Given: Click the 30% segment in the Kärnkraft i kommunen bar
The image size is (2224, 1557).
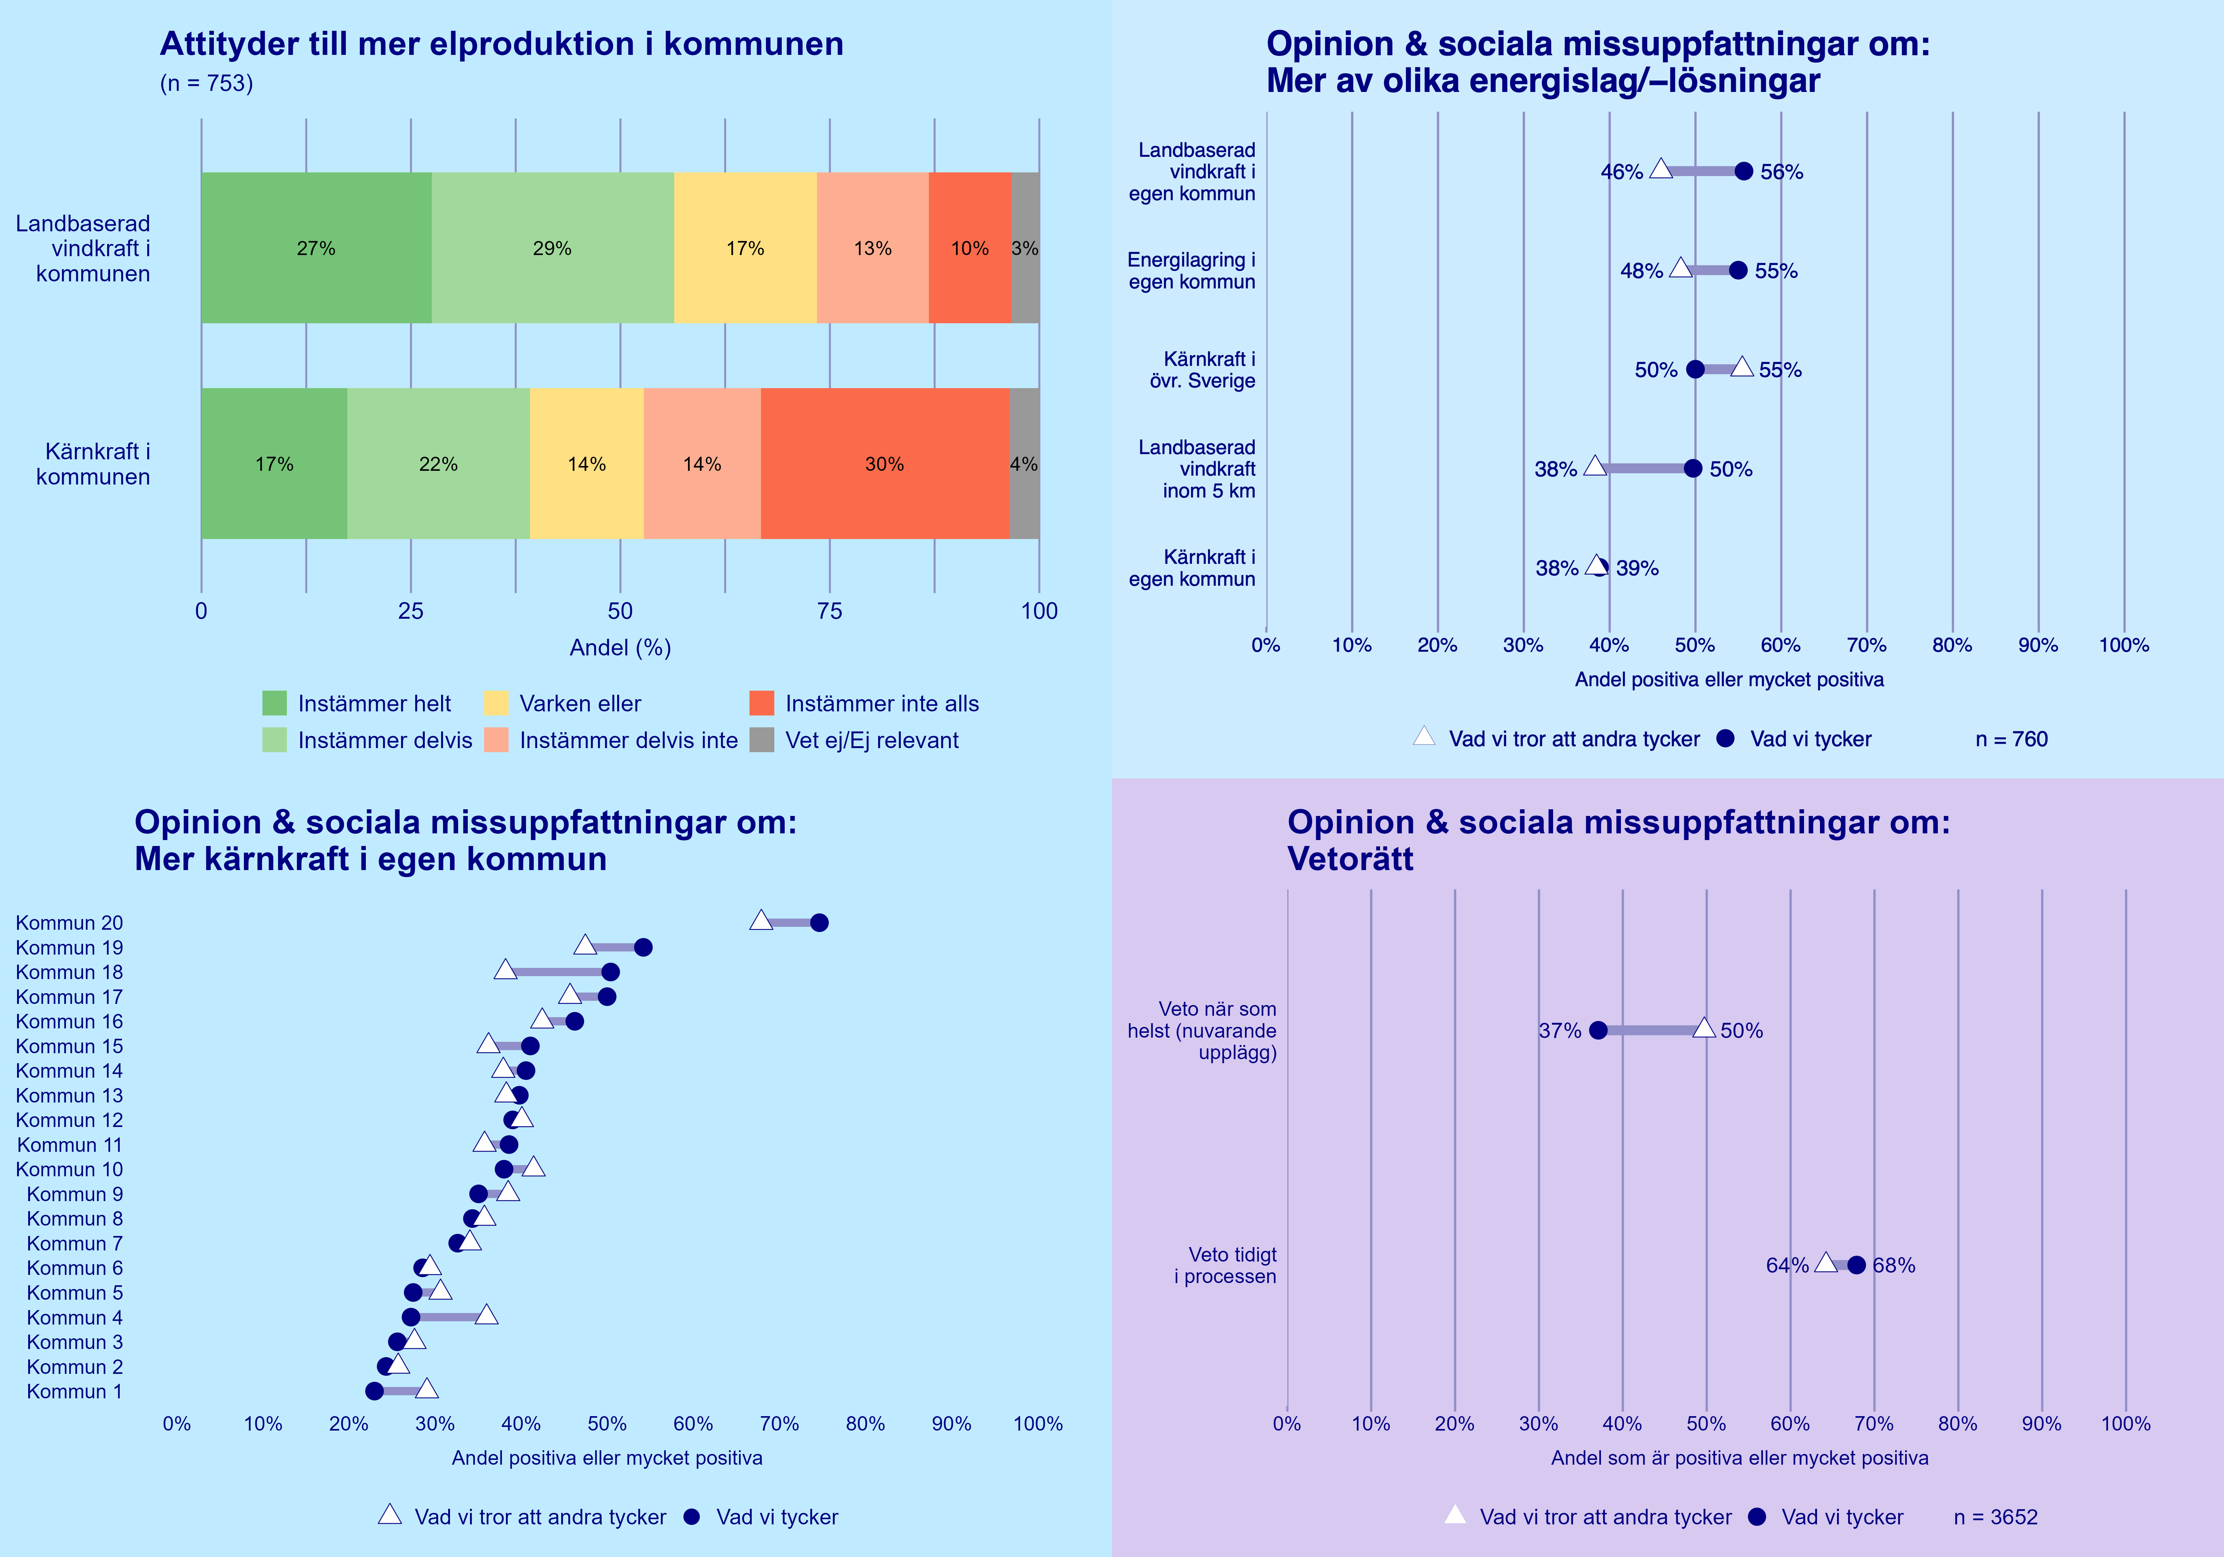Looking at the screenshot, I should click(884, 464).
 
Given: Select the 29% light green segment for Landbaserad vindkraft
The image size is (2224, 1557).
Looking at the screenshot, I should click(552, 248).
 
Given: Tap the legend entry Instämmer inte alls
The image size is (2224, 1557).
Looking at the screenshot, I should click(881, 703).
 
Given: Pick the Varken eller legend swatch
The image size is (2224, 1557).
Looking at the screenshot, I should click(496, 703).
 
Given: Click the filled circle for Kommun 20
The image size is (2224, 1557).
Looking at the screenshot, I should click(820, 922).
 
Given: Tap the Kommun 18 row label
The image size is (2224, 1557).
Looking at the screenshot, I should click(70, 972).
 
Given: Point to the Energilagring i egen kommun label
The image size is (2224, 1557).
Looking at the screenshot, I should click(1191, 271).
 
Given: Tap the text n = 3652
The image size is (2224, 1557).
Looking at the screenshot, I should click(1995, 1517).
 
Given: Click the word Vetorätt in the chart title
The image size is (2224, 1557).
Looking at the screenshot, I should click(1350, 859).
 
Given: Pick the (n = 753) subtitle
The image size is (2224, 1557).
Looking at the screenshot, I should click(206, 83).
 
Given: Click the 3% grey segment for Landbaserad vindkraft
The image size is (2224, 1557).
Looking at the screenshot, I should click(1025, 248).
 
